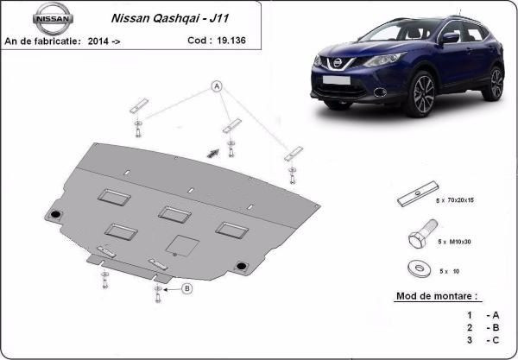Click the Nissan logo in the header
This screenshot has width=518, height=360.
pyautogui.click(x=53, y=18)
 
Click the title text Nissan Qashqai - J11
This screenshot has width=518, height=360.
pyautogui.click(x=170, y=18)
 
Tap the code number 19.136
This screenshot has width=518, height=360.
pyautogui.click(x=231, y=41)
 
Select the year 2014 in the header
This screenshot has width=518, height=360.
pyautogui.click(x=98, y=41)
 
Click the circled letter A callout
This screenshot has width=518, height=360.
pyautogui.click(x=217, y=86)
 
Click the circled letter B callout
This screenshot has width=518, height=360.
pyautogui.click(x=187, y=288)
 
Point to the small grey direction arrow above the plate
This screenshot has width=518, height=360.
pyautogui.click(x=213, y=153)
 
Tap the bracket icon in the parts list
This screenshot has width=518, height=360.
pyautogui.click(x=418, y=194)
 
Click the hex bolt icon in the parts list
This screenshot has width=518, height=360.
pyautogui.click(x=423, y=233)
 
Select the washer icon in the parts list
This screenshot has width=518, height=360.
pyautogui.click(x=420, y=268)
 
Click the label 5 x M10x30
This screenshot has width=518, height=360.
pyautogui.click(x=454, y=242)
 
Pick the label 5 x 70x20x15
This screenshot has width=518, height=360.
pyautogui.click(x=455, y=200)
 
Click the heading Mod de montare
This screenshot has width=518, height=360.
pyautogui.click(x=437, y=296)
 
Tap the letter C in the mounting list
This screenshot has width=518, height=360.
pyautogui.click(x=496, y=340)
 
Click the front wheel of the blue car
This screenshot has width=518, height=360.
pyautogui.click(x=424, y=95)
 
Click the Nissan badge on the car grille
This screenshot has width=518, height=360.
pyautogui.click(x=338, y=62)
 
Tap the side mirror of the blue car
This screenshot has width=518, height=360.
pyautogui.click(x=450, y=38)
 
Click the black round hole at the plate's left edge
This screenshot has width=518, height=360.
pyautogui.click(x=55, y=214)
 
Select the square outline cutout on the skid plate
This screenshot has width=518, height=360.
pyautogui.click(x=182, y=246)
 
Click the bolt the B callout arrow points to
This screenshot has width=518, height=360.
pyautogui.click(x=158, y=294)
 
